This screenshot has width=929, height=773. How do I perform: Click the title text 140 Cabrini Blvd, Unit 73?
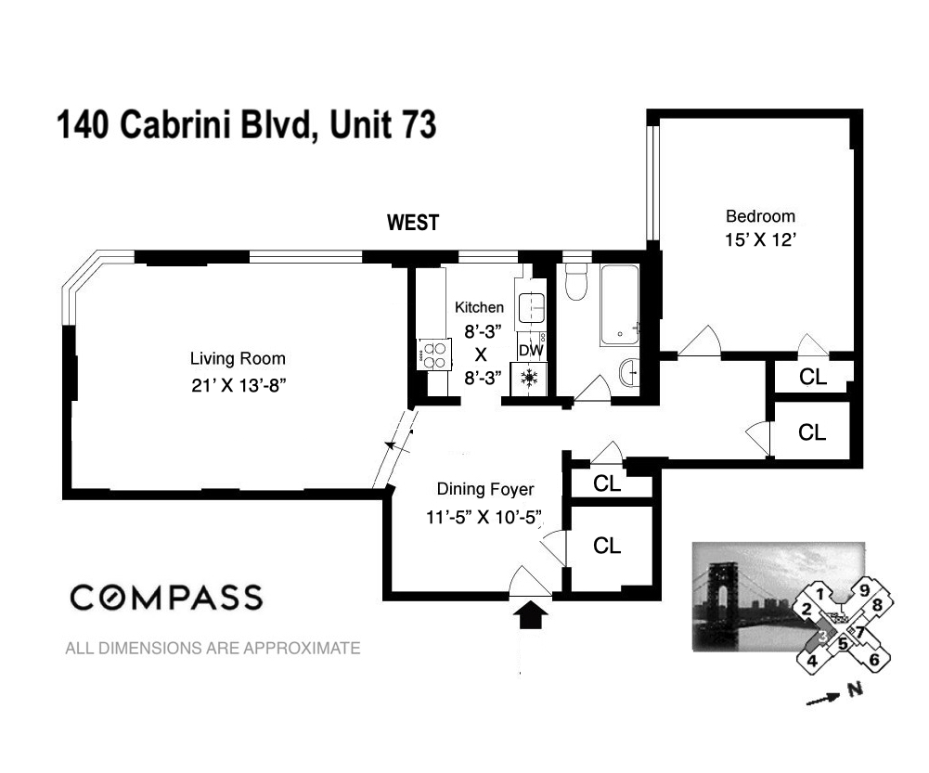click(x=247, y=125)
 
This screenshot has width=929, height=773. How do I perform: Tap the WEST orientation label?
click(x=412, y=223)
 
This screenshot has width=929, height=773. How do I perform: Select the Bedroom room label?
click(x=759, y=216)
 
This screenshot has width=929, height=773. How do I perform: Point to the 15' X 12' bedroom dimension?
click(x=759, y=238)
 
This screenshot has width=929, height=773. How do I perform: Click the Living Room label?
click(x=238, y=358)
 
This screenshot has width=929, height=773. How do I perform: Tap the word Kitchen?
click(x=479, y=307)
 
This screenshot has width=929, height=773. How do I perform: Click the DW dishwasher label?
click(x=530, y=351)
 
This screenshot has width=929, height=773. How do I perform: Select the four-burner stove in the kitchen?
click(x=433, y=354)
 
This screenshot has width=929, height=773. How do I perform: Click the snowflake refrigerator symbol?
click(x=530, y=378)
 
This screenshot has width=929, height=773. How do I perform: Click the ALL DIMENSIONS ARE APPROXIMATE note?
click(x=213, y=649)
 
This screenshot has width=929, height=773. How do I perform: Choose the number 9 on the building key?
click(x=863, y=588)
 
